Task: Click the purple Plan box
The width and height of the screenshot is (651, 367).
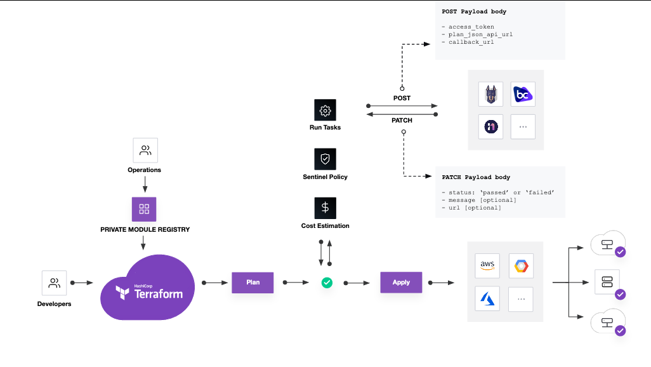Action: coord(253,283)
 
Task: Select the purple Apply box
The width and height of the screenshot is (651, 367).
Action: coord(401,282)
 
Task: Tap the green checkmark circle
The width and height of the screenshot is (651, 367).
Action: coord(327,283)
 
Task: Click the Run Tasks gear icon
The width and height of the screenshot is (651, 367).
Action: coord(325,110)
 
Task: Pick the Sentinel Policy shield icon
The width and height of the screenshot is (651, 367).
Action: coord(325,159)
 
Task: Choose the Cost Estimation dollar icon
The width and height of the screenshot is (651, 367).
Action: coord(325,208)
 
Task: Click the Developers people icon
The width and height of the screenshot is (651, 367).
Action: coord(55,283)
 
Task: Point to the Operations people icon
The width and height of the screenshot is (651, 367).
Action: coord(145,150)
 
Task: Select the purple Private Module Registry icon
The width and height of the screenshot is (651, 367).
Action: coord(144,209)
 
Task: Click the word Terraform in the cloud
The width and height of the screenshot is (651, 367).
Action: coord(159,294)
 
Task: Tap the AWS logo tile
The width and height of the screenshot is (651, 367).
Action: coord(487,265)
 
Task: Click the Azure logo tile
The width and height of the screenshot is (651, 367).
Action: coord(487,298)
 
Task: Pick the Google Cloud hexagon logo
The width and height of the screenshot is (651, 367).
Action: coord(521,265)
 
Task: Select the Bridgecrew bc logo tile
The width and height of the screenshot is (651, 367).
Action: coord(523,94)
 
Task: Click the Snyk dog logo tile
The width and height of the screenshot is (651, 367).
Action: coord(490,94)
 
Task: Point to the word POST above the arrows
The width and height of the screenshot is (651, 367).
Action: coord(402,98)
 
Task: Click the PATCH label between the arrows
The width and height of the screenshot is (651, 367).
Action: coord(402,120)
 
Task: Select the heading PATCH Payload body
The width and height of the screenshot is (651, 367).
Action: coord(476,177)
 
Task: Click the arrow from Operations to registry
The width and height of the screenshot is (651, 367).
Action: coord(145,184)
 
